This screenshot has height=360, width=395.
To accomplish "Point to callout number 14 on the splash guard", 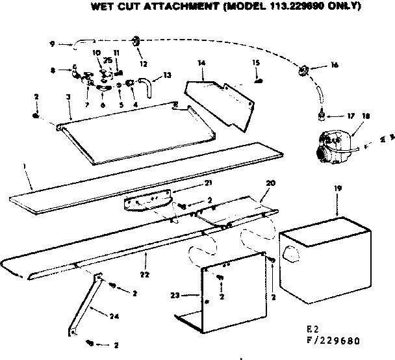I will [x=201, y=63].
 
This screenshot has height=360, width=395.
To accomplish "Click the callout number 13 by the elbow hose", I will [x=167, y=75].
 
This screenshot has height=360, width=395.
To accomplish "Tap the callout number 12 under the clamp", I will [x=143, y=64].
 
